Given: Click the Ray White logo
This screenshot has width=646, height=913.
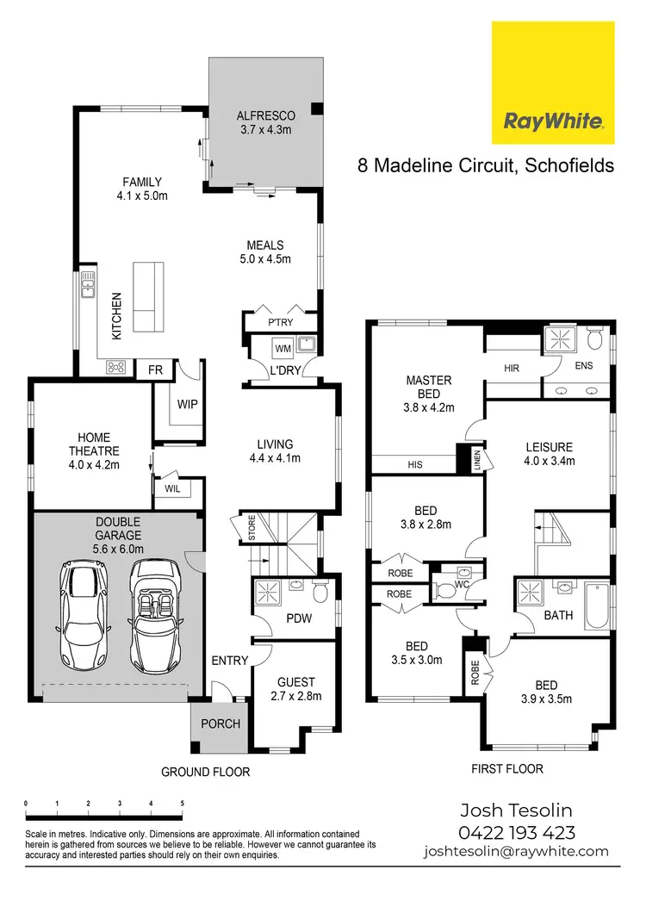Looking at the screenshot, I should pyautogui.click(x=552, y=83).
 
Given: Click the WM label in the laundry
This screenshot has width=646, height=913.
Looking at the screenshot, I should pyautogui.click(x=283, y=349).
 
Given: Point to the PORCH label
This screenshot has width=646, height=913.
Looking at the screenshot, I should pyautogui.click(x=221, y=724).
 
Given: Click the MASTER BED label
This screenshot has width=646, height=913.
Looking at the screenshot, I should pyautogui.click(x=428, y=387).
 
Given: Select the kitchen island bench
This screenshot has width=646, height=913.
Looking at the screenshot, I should pyautogui.click(x=148, y=295).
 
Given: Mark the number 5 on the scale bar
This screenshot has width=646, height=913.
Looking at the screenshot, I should pyautogui.click(x=182, y=803).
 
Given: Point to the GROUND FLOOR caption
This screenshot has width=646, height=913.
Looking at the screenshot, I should pyautogui.click(x=205, y=772).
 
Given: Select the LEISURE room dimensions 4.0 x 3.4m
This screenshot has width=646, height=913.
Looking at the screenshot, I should pyautogui.click(x=549, y=461).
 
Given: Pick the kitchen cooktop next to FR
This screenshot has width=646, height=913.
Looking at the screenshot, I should pyautogui.click(x=116, y=368).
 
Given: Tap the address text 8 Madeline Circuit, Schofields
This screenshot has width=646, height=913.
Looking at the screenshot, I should pyautogui.click(x=486, y=165).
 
